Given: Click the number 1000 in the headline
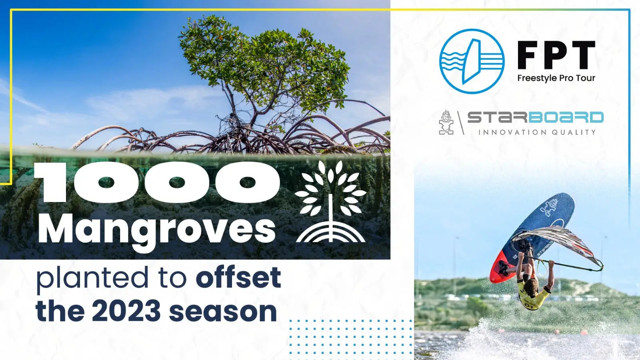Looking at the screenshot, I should [157, 182].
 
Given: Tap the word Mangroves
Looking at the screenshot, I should [157, 229].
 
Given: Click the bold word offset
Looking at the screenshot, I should [238, 278].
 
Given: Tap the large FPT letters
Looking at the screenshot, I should [556, 55].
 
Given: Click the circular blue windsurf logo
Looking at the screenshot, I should [472, 61].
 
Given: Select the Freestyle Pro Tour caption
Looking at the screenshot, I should [556, 78].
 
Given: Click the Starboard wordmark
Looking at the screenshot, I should [535, 118].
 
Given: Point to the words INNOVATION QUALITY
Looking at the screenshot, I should [537, 132].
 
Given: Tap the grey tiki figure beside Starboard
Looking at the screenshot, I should [446, 122].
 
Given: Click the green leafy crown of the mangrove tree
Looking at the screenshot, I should [264, 60].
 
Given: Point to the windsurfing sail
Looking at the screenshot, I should [560, 244].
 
